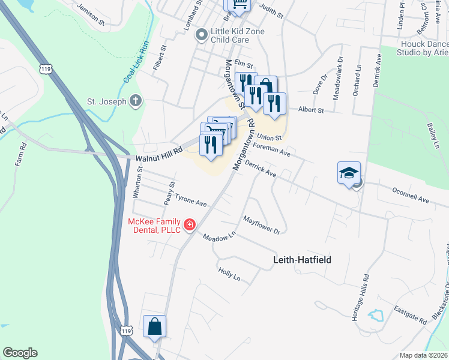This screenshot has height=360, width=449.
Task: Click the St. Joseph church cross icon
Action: click(x=136, y=101)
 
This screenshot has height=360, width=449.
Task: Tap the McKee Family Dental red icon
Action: click(x=190, y=225)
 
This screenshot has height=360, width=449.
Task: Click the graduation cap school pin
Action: click(x=349, y=173)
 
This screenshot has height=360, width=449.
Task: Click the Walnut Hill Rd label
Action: click(x=158, y=156)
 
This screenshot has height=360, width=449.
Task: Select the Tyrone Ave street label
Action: click(x=190, y=200)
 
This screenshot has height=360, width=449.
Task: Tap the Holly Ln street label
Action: click(x=229, y=274)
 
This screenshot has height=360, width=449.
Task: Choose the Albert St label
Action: click(x=311, y=110)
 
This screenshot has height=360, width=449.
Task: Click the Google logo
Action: click(x=20, y=353)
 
